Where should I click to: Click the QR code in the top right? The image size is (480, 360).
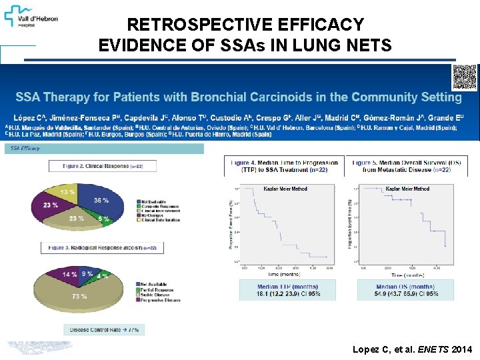[x=465, y=77]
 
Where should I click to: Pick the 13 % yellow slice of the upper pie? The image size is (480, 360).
[x=67, y=192]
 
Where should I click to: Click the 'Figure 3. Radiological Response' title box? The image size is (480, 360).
[x=101, y=248]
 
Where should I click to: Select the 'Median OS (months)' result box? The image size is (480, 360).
[x=406, y=290]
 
